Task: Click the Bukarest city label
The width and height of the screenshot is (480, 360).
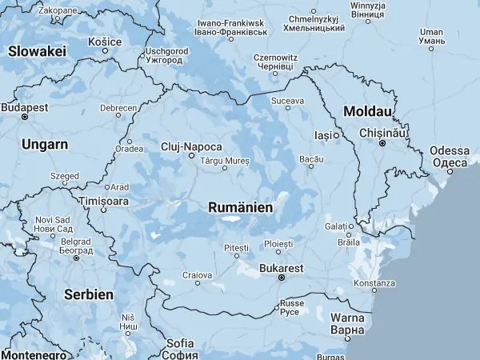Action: pos(282,268)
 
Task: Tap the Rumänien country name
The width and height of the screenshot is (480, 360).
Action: pos(240,207)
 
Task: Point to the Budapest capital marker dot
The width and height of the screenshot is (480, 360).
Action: pos(25,117)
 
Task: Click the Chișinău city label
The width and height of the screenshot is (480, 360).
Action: pos(382,132)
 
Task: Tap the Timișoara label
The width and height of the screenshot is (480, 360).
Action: pos(104,201)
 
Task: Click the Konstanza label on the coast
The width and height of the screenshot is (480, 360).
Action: pos(374,283)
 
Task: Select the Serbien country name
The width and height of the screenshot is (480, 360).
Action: pos(89,294)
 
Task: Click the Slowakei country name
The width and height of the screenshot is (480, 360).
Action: pos(37,50)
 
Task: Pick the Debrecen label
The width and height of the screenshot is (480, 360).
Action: pos(118,107)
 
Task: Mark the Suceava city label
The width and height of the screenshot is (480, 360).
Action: pos(288,101)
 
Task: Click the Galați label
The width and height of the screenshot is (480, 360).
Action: pos(337,226)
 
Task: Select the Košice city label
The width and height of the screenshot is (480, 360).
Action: pos(105,42)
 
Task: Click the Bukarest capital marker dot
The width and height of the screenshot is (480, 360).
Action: pos(282,278)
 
